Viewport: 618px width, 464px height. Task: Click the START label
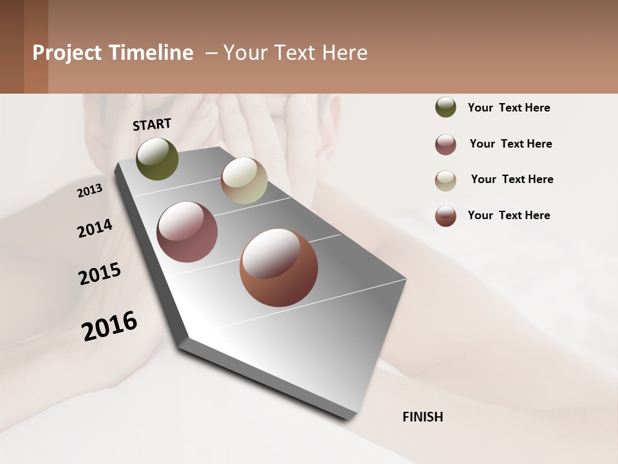coord(152,124)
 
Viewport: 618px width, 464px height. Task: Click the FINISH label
coord(422,417)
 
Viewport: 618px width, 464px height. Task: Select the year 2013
coord(89,191)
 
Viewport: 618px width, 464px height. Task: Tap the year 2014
coord(95,229)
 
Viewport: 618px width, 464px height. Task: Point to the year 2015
coord(100,274)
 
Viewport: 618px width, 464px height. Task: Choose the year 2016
coord(109,326)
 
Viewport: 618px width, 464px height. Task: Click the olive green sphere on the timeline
coord(157,159)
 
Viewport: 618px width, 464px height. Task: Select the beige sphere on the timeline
coord(244,180)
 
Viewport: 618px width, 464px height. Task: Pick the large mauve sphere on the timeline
coord(187,232)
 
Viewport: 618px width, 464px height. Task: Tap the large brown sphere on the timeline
coord(279,267)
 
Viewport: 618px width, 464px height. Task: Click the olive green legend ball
coord(445,107)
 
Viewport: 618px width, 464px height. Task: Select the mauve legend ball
coord(445,144)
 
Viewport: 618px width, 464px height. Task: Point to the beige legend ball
coord(445,180)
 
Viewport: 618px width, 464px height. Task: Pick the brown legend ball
coord(445,216)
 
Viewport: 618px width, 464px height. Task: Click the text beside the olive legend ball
coord(509,108)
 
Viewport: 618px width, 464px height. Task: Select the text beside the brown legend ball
coord(509,215)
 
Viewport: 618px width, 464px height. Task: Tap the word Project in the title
coord(66,53)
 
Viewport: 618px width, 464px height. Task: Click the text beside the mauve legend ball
coord(510,144)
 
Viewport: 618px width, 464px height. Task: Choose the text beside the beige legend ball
coord(512,179)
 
